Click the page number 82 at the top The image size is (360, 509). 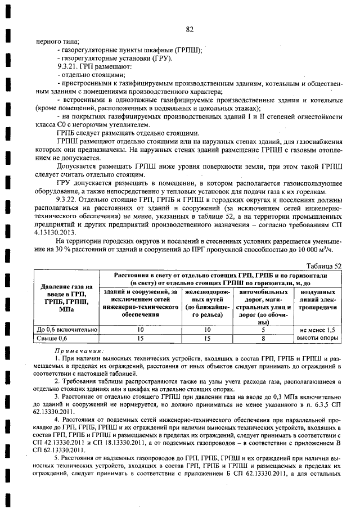[189, 29]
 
